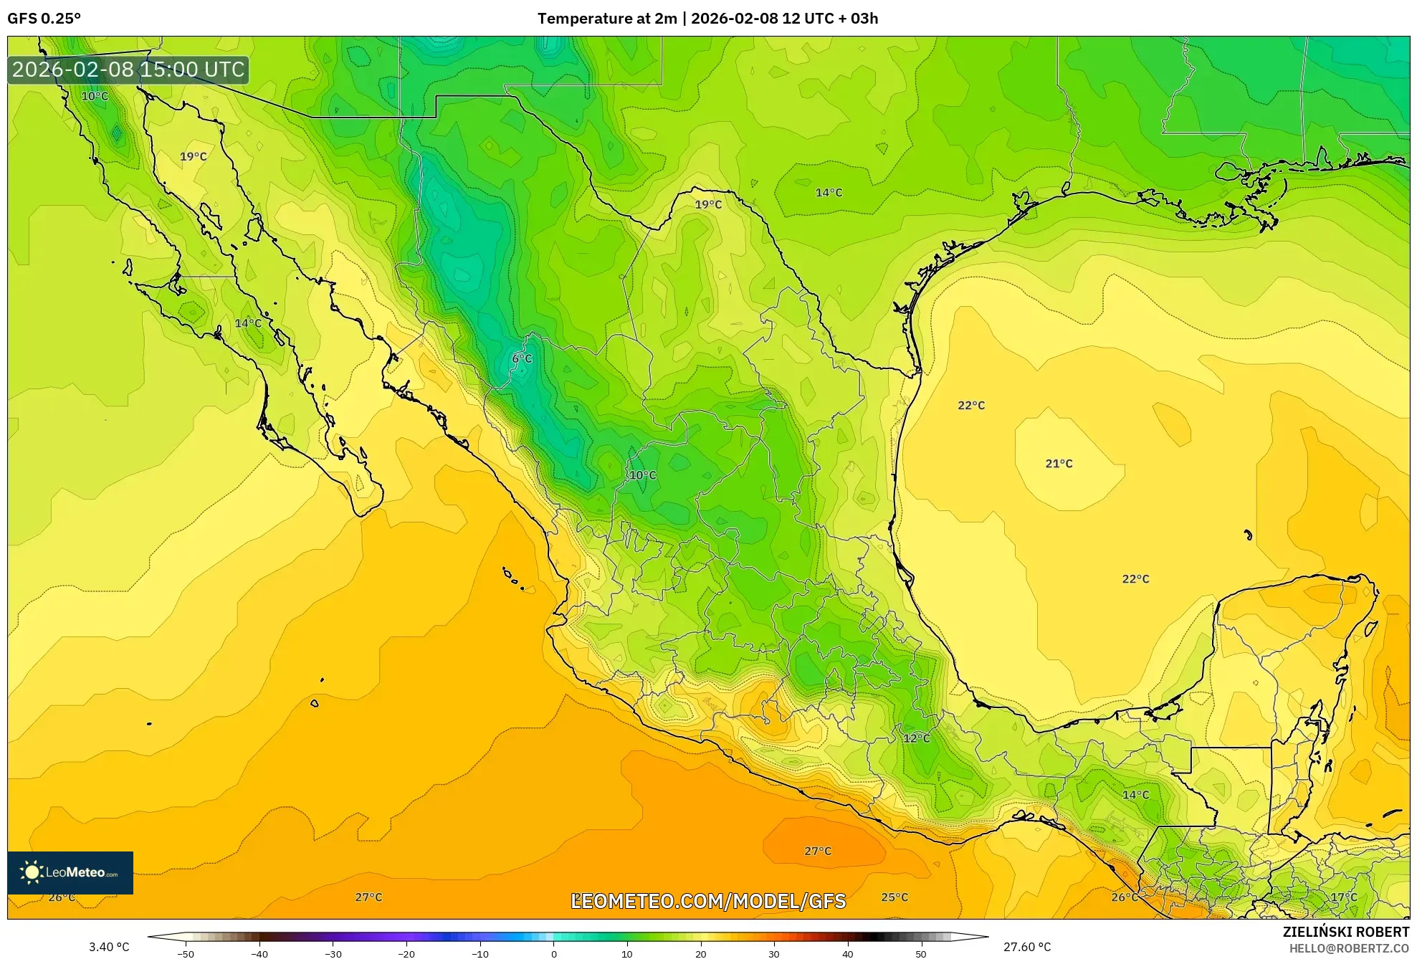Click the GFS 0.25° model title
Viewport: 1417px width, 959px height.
coord(44,19)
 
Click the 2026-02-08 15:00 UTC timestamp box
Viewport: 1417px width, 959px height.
coord(128,70)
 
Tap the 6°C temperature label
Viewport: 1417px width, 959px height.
coord(522,359)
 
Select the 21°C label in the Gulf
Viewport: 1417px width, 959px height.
coord(1059,464)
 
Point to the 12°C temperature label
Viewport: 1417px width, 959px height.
coord(916,738)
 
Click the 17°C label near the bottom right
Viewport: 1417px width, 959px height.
coord(1344,897)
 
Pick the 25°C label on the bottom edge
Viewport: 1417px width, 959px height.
coord(894,897)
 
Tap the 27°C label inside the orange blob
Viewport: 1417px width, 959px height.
coord(818,851)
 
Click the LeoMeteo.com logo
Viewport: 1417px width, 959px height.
coord(70,872)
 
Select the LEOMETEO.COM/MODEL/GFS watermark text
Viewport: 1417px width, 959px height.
coord(708,901)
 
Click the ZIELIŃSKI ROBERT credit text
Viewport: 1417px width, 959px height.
coord(1345,932)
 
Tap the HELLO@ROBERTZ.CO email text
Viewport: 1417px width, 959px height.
coord(1349,948)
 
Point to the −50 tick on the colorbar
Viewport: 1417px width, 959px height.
coord(186,954)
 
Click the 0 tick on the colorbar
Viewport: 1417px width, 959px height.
coord(553,954)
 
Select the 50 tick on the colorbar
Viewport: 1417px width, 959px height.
coord(921,954)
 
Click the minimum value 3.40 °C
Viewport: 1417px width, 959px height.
coord(109,948)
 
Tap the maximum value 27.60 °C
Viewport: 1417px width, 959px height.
coord(1027,948)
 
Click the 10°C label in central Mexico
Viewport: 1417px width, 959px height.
coord(642,475)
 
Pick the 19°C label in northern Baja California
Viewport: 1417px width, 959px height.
coord(193,156)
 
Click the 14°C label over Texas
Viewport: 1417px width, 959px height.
coord(829,193)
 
